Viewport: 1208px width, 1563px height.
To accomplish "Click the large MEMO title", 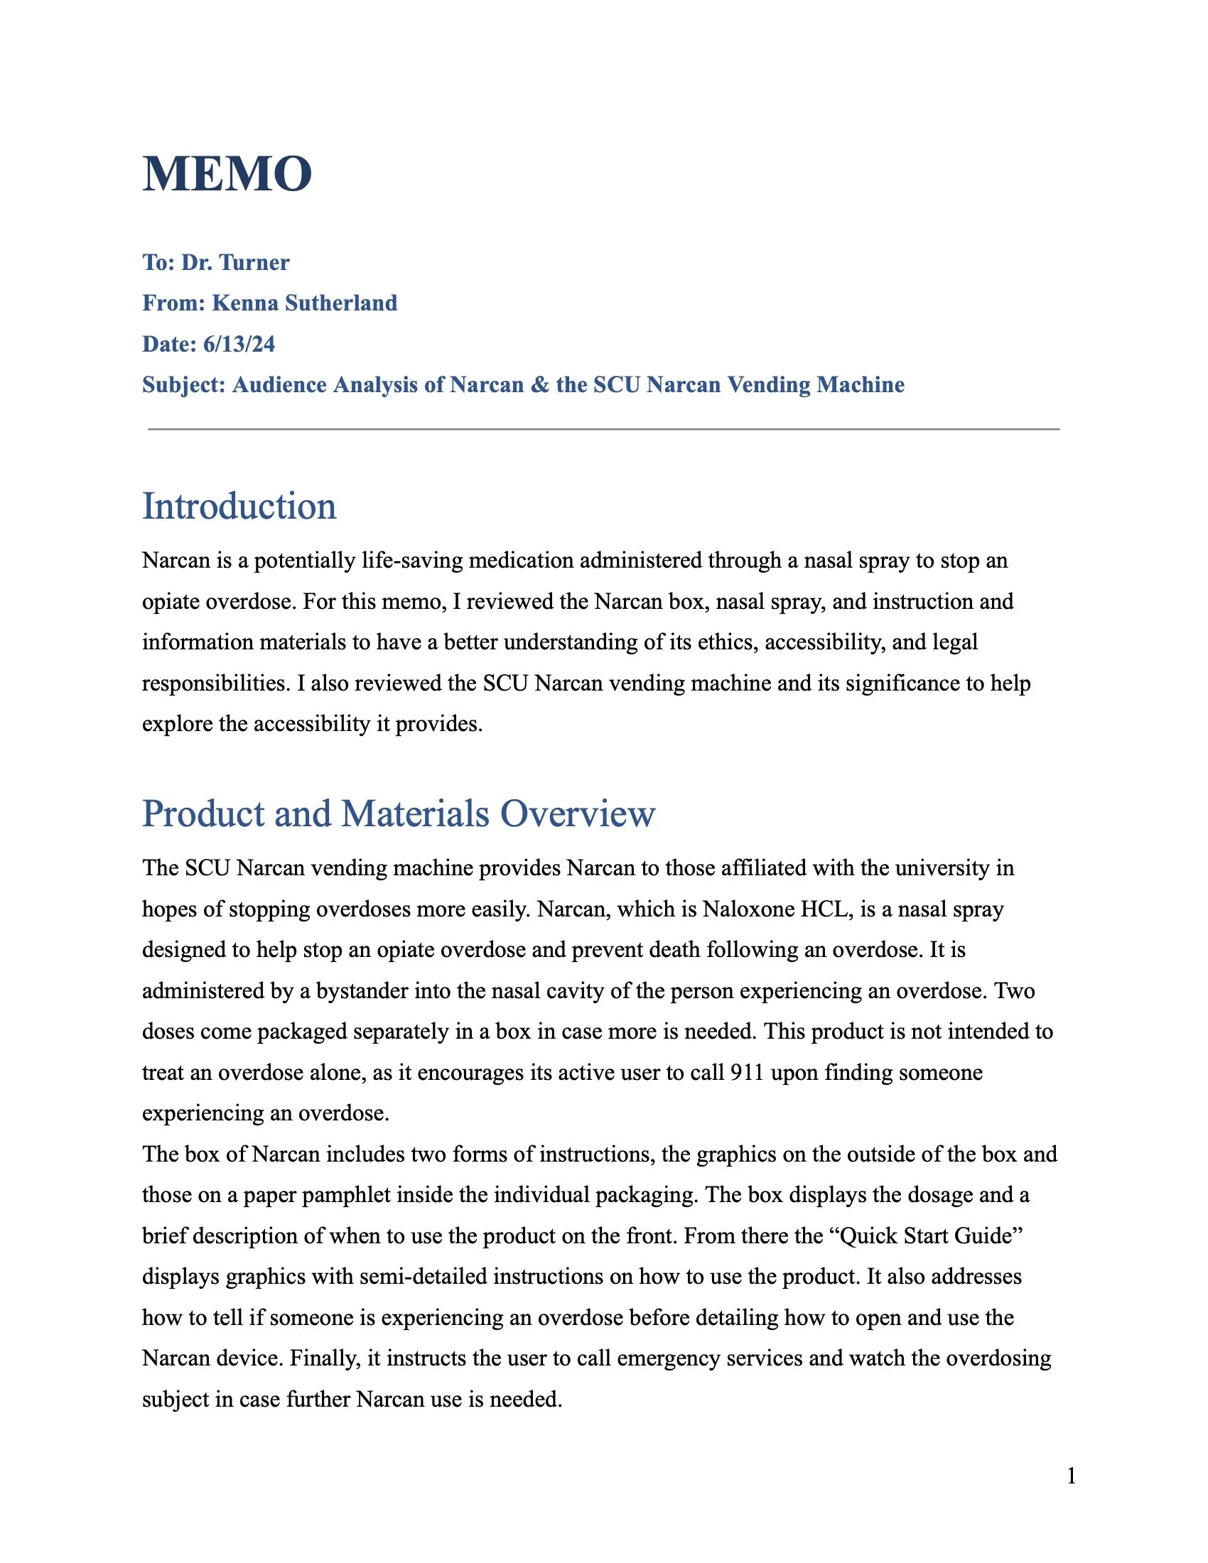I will pos(227,174).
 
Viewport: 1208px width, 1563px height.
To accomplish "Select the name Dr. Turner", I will pos(234,263).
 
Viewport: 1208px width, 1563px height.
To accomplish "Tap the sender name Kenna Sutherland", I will pos(305,303).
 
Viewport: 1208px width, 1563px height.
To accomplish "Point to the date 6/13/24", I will pos(239,345).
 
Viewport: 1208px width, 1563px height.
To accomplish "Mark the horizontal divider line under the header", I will pos(603,429).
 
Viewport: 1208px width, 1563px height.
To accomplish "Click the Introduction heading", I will pos(239,507).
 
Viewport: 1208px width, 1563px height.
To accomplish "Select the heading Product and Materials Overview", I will pos(399,813).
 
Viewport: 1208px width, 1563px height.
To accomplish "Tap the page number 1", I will pos(1072,1476).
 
